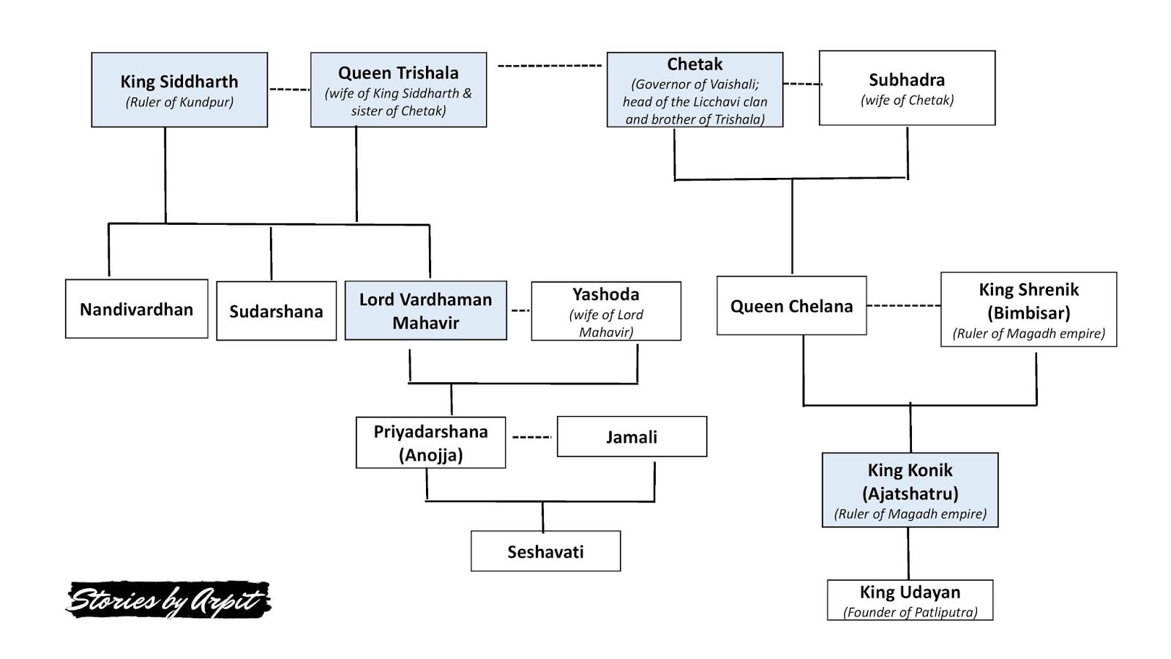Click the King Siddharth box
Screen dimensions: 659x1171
point(179,90)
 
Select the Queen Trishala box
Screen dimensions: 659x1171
point(398,90)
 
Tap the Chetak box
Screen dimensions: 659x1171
point(695,90)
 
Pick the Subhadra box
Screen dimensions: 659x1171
point(907,88)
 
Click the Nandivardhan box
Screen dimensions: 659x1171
point(136,309)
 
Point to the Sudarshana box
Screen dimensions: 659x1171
point(276,311)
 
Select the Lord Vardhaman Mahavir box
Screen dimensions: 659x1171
point(425,310)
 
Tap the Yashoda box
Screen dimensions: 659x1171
point(606,311)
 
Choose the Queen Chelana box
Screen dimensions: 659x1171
point(791,306)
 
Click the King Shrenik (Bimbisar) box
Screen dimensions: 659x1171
point(1028,310)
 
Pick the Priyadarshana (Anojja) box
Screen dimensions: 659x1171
point(430,442)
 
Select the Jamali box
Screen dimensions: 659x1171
point(632,437)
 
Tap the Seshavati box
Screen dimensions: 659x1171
point(545,551)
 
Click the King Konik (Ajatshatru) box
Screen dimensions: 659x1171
point(910,490)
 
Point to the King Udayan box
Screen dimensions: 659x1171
point(910,600)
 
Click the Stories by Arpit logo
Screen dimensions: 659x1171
point(168,600)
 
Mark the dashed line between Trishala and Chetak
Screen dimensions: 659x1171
point(549,66)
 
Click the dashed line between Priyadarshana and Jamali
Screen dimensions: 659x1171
point(531,437)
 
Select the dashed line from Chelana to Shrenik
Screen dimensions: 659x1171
point(903,305)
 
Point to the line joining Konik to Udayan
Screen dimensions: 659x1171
point(908,554)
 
